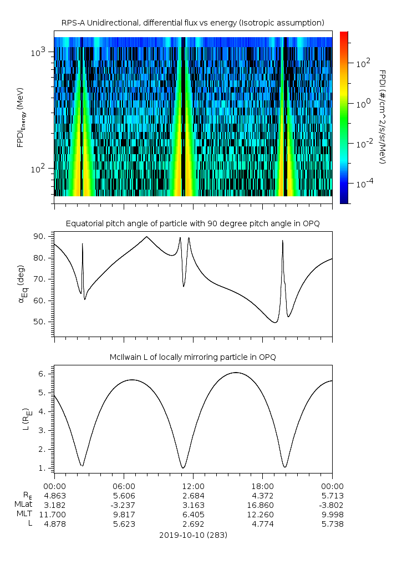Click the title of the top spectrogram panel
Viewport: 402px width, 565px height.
[x=192, y=23]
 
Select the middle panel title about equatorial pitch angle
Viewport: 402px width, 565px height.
[x=192, y=223]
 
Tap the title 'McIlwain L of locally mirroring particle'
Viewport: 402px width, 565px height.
[x=192, y=357]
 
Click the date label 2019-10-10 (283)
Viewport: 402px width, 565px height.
[x=193, y=535]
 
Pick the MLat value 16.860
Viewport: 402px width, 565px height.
[x=262, y=505]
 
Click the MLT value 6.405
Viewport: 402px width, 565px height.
[x=193, y=515]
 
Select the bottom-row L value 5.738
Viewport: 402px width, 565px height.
[x=332, y=525]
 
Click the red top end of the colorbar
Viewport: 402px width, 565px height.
[x=344, y=35]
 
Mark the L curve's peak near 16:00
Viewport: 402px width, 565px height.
[x=236, y=373]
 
